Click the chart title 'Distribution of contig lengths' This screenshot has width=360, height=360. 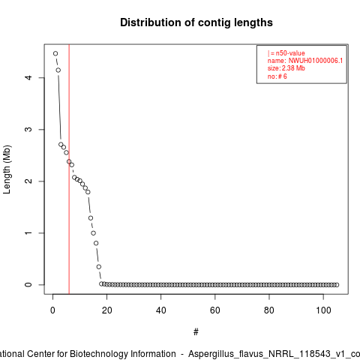click(196, 22)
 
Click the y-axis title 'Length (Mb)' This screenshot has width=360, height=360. click(7, 169)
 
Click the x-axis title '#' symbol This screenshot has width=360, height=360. click(196, 332)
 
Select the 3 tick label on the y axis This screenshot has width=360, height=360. click(29, 129)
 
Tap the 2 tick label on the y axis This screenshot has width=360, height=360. click(29, 181)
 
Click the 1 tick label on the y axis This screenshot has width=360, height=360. click(29, 233)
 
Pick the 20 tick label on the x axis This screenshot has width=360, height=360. click(106, 310)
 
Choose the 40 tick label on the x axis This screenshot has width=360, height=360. click(160, 310)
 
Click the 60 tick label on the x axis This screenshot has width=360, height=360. click(215, 310)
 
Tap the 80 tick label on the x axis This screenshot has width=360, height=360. click(269, 310)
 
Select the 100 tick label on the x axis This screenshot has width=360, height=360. click(323, 310)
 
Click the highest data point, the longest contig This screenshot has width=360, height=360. click(55, 53)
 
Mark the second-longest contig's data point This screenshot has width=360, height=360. click(58, 70)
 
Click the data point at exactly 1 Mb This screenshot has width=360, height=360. click(93, 233)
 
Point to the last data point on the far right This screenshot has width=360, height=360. click(337, 285)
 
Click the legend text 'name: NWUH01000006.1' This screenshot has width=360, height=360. click(305, 61)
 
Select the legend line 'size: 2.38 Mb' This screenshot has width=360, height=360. click(286, 68)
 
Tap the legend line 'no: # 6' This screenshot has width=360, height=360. click(277, 76)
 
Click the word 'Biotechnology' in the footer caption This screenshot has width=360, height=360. click(122, 354)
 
